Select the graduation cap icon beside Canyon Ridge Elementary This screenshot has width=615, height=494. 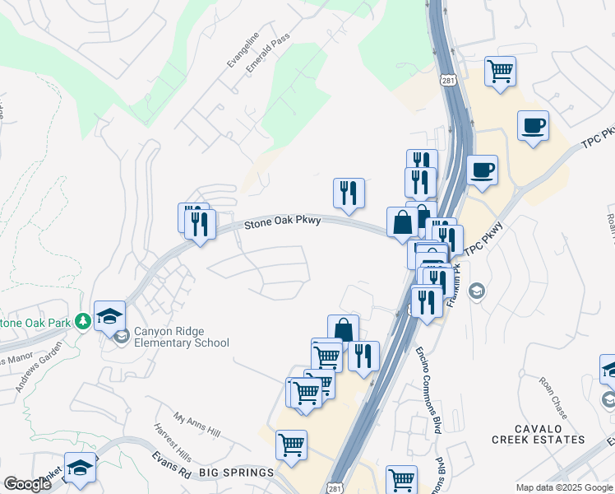[109, 315]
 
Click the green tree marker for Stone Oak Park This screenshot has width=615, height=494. [82, 320]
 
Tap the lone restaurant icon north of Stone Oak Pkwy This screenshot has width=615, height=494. [349, 193]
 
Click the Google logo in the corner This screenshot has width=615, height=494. [27, 483]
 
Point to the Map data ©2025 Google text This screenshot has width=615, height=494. [564, 487]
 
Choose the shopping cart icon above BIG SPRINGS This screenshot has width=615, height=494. [291, 445]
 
